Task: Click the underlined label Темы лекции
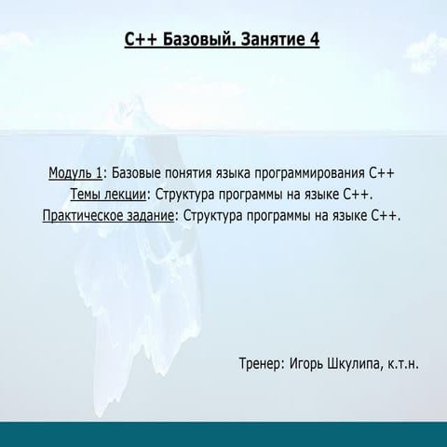(x=108, y=195)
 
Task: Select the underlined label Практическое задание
(x=109, y=215)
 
